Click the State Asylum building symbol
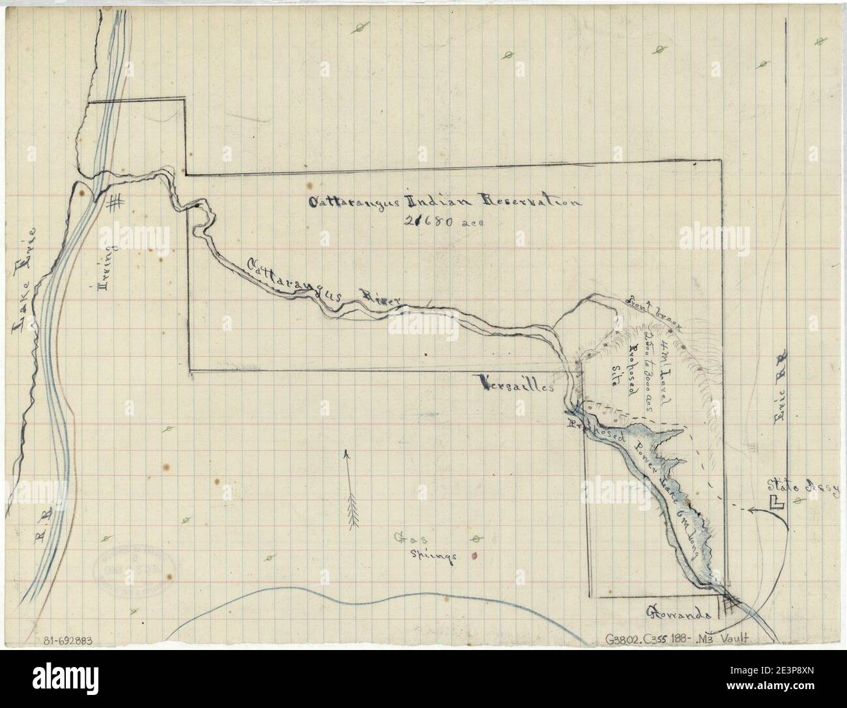[775, 502]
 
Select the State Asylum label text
[805, 485]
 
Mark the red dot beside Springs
[474, 556]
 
